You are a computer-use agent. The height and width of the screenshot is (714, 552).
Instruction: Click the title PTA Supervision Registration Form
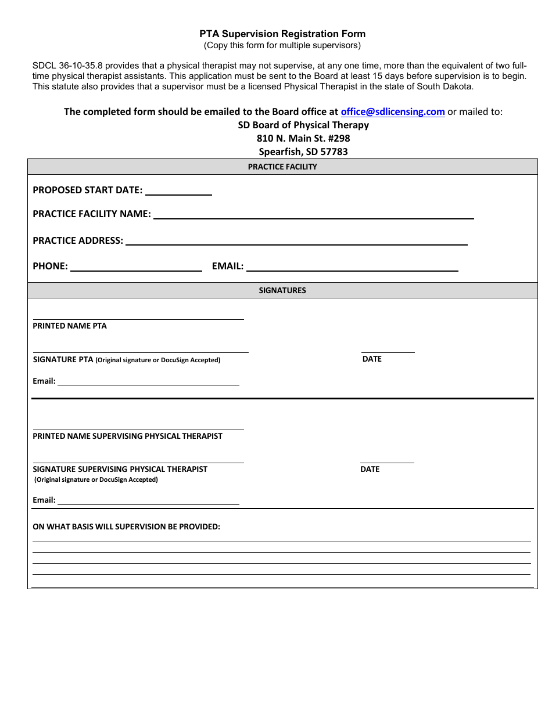click(282, 34)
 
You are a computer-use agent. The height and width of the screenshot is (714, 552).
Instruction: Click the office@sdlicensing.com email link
click(393, 111)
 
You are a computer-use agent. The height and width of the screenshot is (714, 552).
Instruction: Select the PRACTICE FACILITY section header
click(282, 167)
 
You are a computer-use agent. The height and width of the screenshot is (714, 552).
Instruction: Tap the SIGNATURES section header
click(282, 290)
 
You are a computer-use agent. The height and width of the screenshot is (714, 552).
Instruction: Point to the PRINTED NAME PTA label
click(70, 326)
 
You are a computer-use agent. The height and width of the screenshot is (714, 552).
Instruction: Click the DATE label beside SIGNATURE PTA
click(372, 359)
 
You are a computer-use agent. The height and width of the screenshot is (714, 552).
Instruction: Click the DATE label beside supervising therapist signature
click(370, 469)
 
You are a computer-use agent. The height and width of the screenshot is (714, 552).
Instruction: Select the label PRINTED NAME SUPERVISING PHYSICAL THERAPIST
click(127, 436)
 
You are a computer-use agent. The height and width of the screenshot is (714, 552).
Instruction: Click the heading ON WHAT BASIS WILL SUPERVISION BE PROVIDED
click(126, 527)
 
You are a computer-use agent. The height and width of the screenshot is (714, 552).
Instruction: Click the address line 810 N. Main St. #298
click(303, 138)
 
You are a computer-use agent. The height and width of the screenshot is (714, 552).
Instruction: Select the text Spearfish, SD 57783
click(303, 152)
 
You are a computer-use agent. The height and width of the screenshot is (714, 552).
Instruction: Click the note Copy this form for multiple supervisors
click(282, 45)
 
